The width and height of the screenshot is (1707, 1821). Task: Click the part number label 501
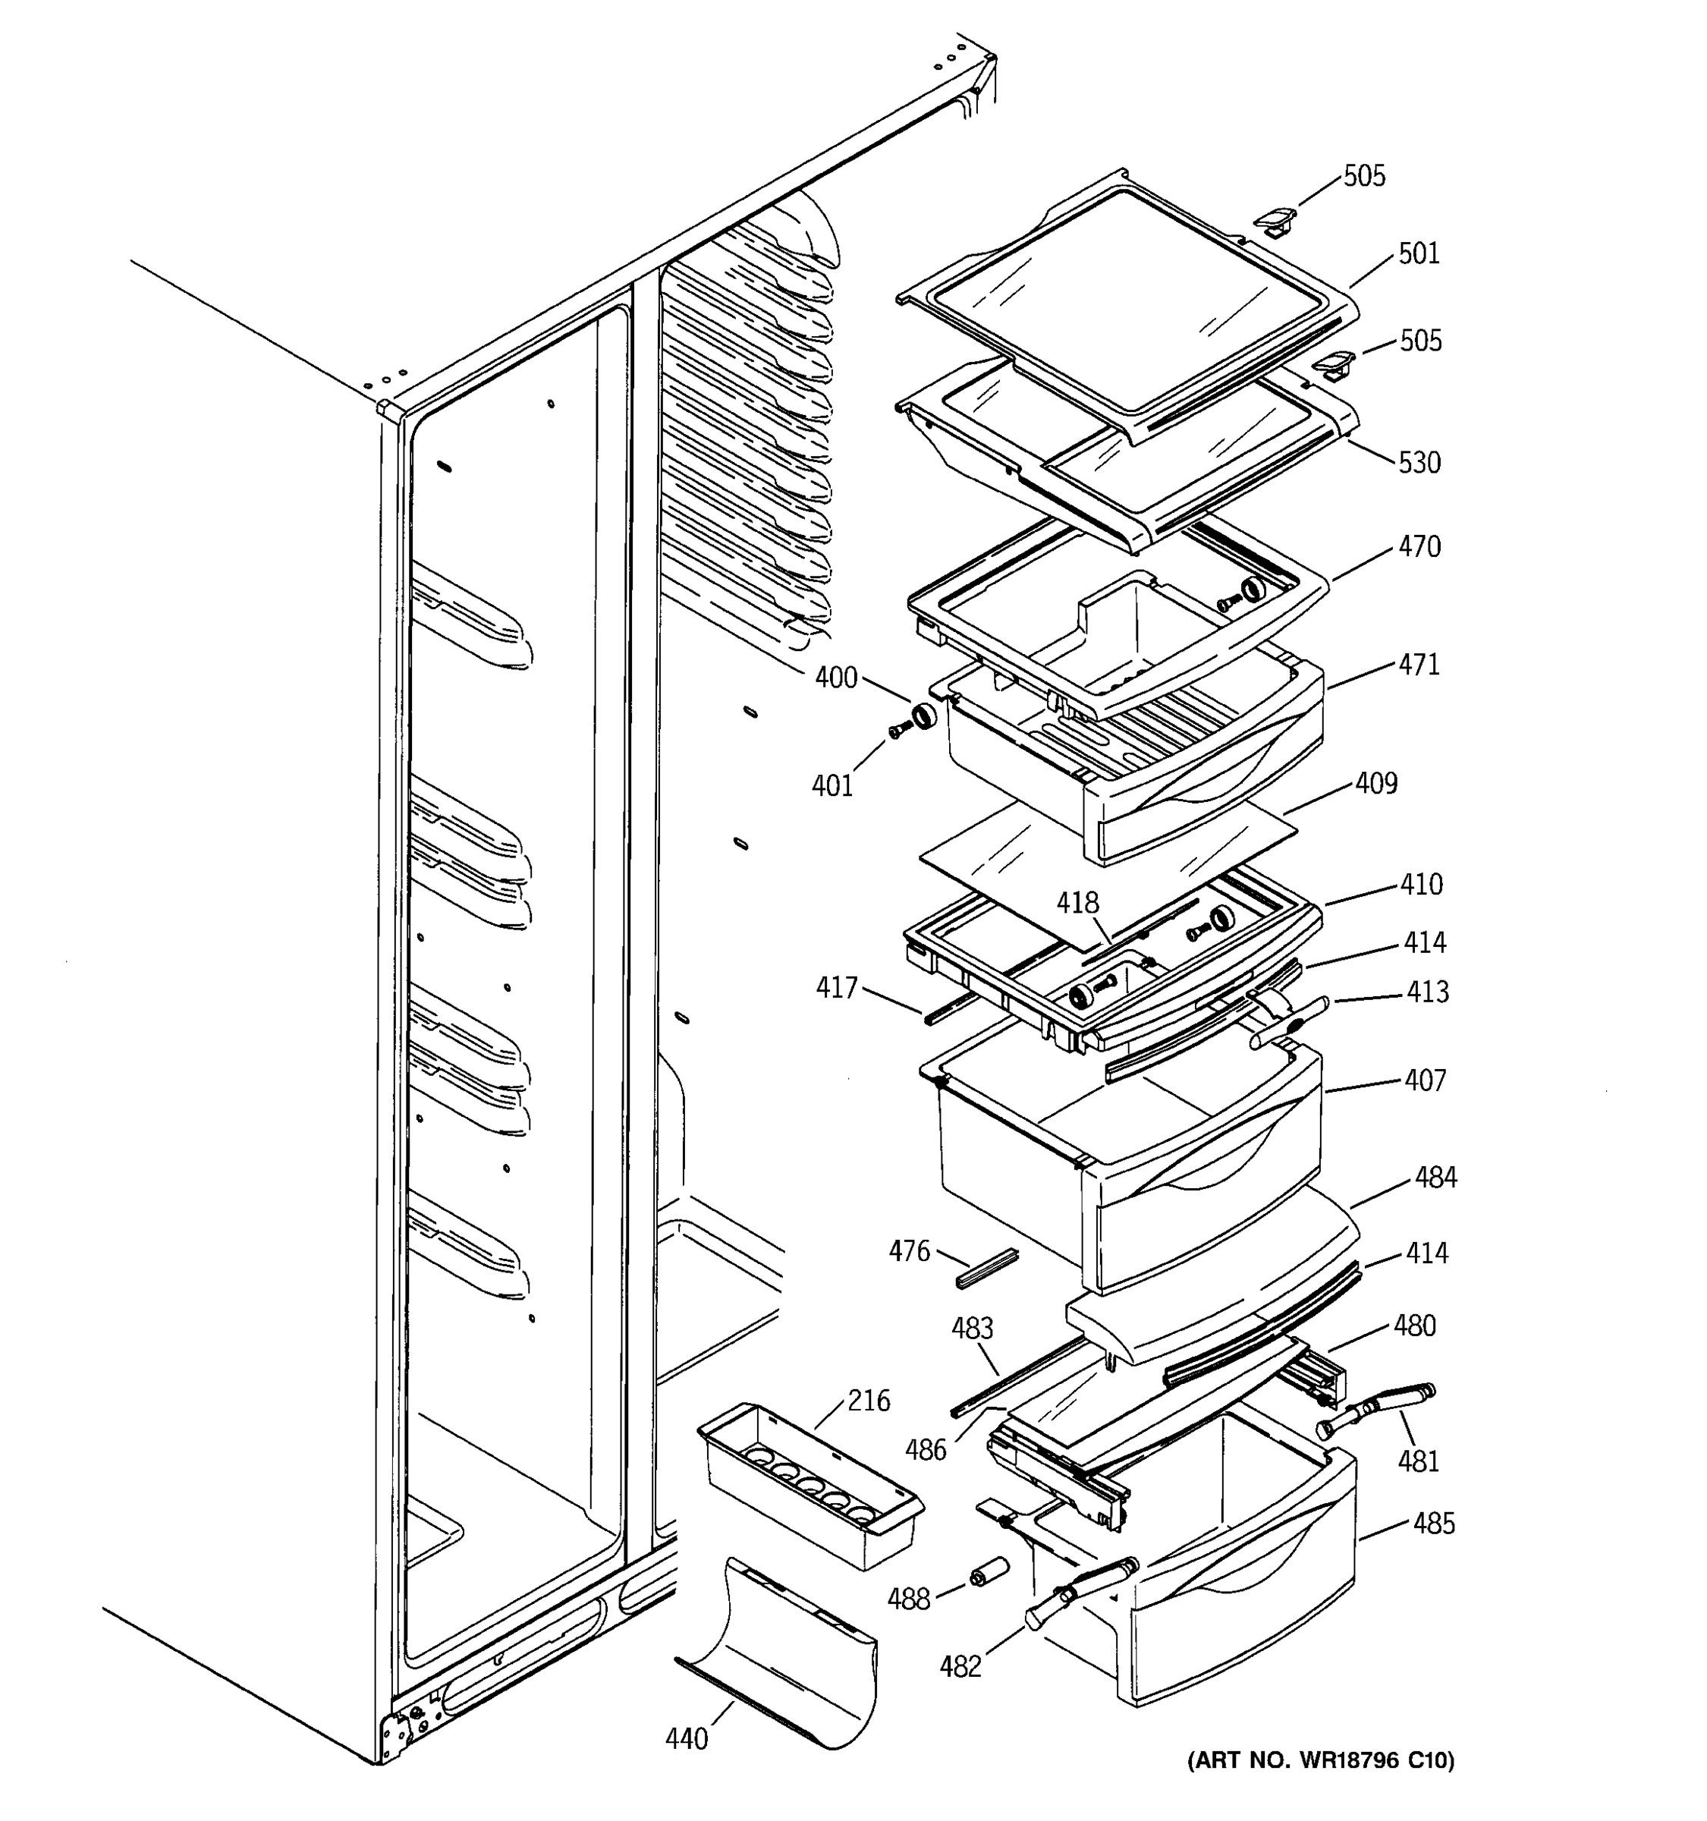1419,253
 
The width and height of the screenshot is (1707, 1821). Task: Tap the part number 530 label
1419,463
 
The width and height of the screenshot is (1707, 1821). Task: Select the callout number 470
1419,547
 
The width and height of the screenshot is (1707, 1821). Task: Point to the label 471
1419,664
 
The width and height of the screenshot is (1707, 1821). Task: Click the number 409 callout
1376,783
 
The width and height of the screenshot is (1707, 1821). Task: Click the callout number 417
836,987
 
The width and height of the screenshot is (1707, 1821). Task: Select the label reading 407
1425,1081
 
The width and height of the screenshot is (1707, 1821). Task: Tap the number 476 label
908,1251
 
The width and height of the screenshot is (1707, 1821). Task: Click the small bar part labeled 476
986,1269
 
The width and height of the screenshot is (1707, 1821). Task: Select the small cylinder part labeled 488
989,1572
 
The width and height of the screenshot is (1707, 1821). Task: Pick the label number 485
1433,1524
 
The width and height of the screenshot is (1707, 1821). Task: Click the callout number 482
960,1666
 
